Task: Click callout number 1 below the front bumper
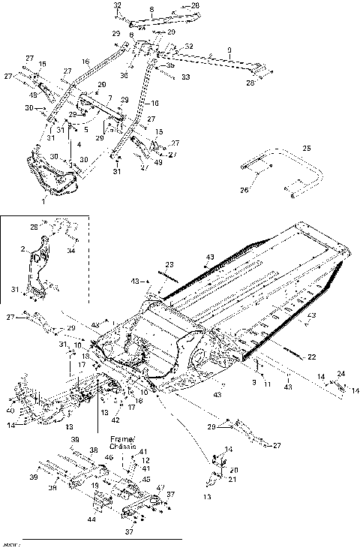click(x=43, y=202)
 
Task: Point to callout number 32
click(x=117, y=5)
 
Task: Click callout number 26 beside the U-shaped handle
click(x=244, y=190)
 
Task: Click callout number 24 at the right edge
click(x=340, y=373)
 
